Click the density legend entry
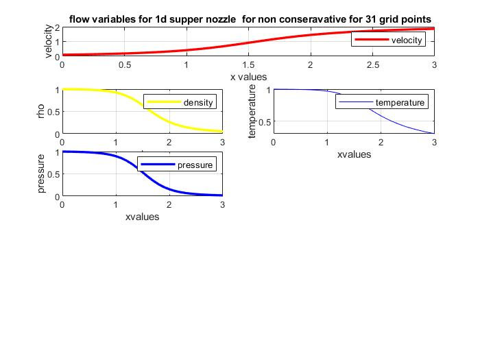click(x=198, y=103)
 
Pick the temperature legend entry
click(x=400, y=103)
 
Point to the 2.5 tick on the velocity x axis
click(x=372, y=66)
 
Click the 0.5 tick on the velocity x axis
click(x=124, y=66)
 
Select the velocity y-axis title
click(x=49, y=41)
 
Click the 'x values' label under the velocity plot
click(x=248, y=76)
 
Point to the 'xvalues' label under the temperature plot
click(x=354, y=154)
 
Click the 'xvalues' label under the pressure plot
click(x=143, y=217)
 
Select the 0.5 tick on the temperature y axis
click(x=263, y=122)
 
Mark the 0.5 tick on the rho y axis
click(x=53, y=111)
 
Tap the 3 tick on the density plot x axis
click(x=221, y=142)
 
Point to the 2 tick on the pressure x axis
click(x=169, y=204)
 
